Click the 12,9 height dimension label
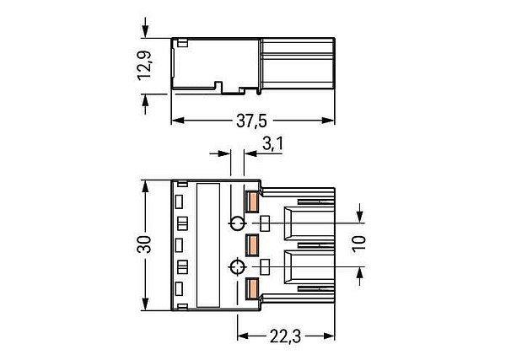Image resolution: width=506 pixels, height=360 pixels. (x=144, y=66)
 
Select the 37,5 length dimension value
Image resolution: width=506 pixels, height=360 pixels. (x=251, y=121)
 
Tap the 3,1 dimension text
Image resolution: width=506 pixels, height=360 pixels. (x=272, y=143)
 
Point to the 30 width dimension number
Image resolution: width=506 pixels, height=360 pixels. (x=144, y=244)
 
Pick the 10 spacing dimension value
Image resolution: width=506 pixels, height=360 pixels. (x=359, y=244)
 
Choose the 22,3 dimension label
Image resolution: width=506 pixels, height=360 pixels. (x=285, y=337)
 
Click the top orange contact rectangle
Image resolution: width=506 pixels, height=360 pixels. (x=252, y=202)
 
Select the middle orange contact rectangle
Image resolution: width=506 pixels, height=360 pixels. (x=252, y=245)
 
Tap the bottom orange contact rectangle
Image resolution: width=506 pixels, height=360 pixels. (x=252, y=288)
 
